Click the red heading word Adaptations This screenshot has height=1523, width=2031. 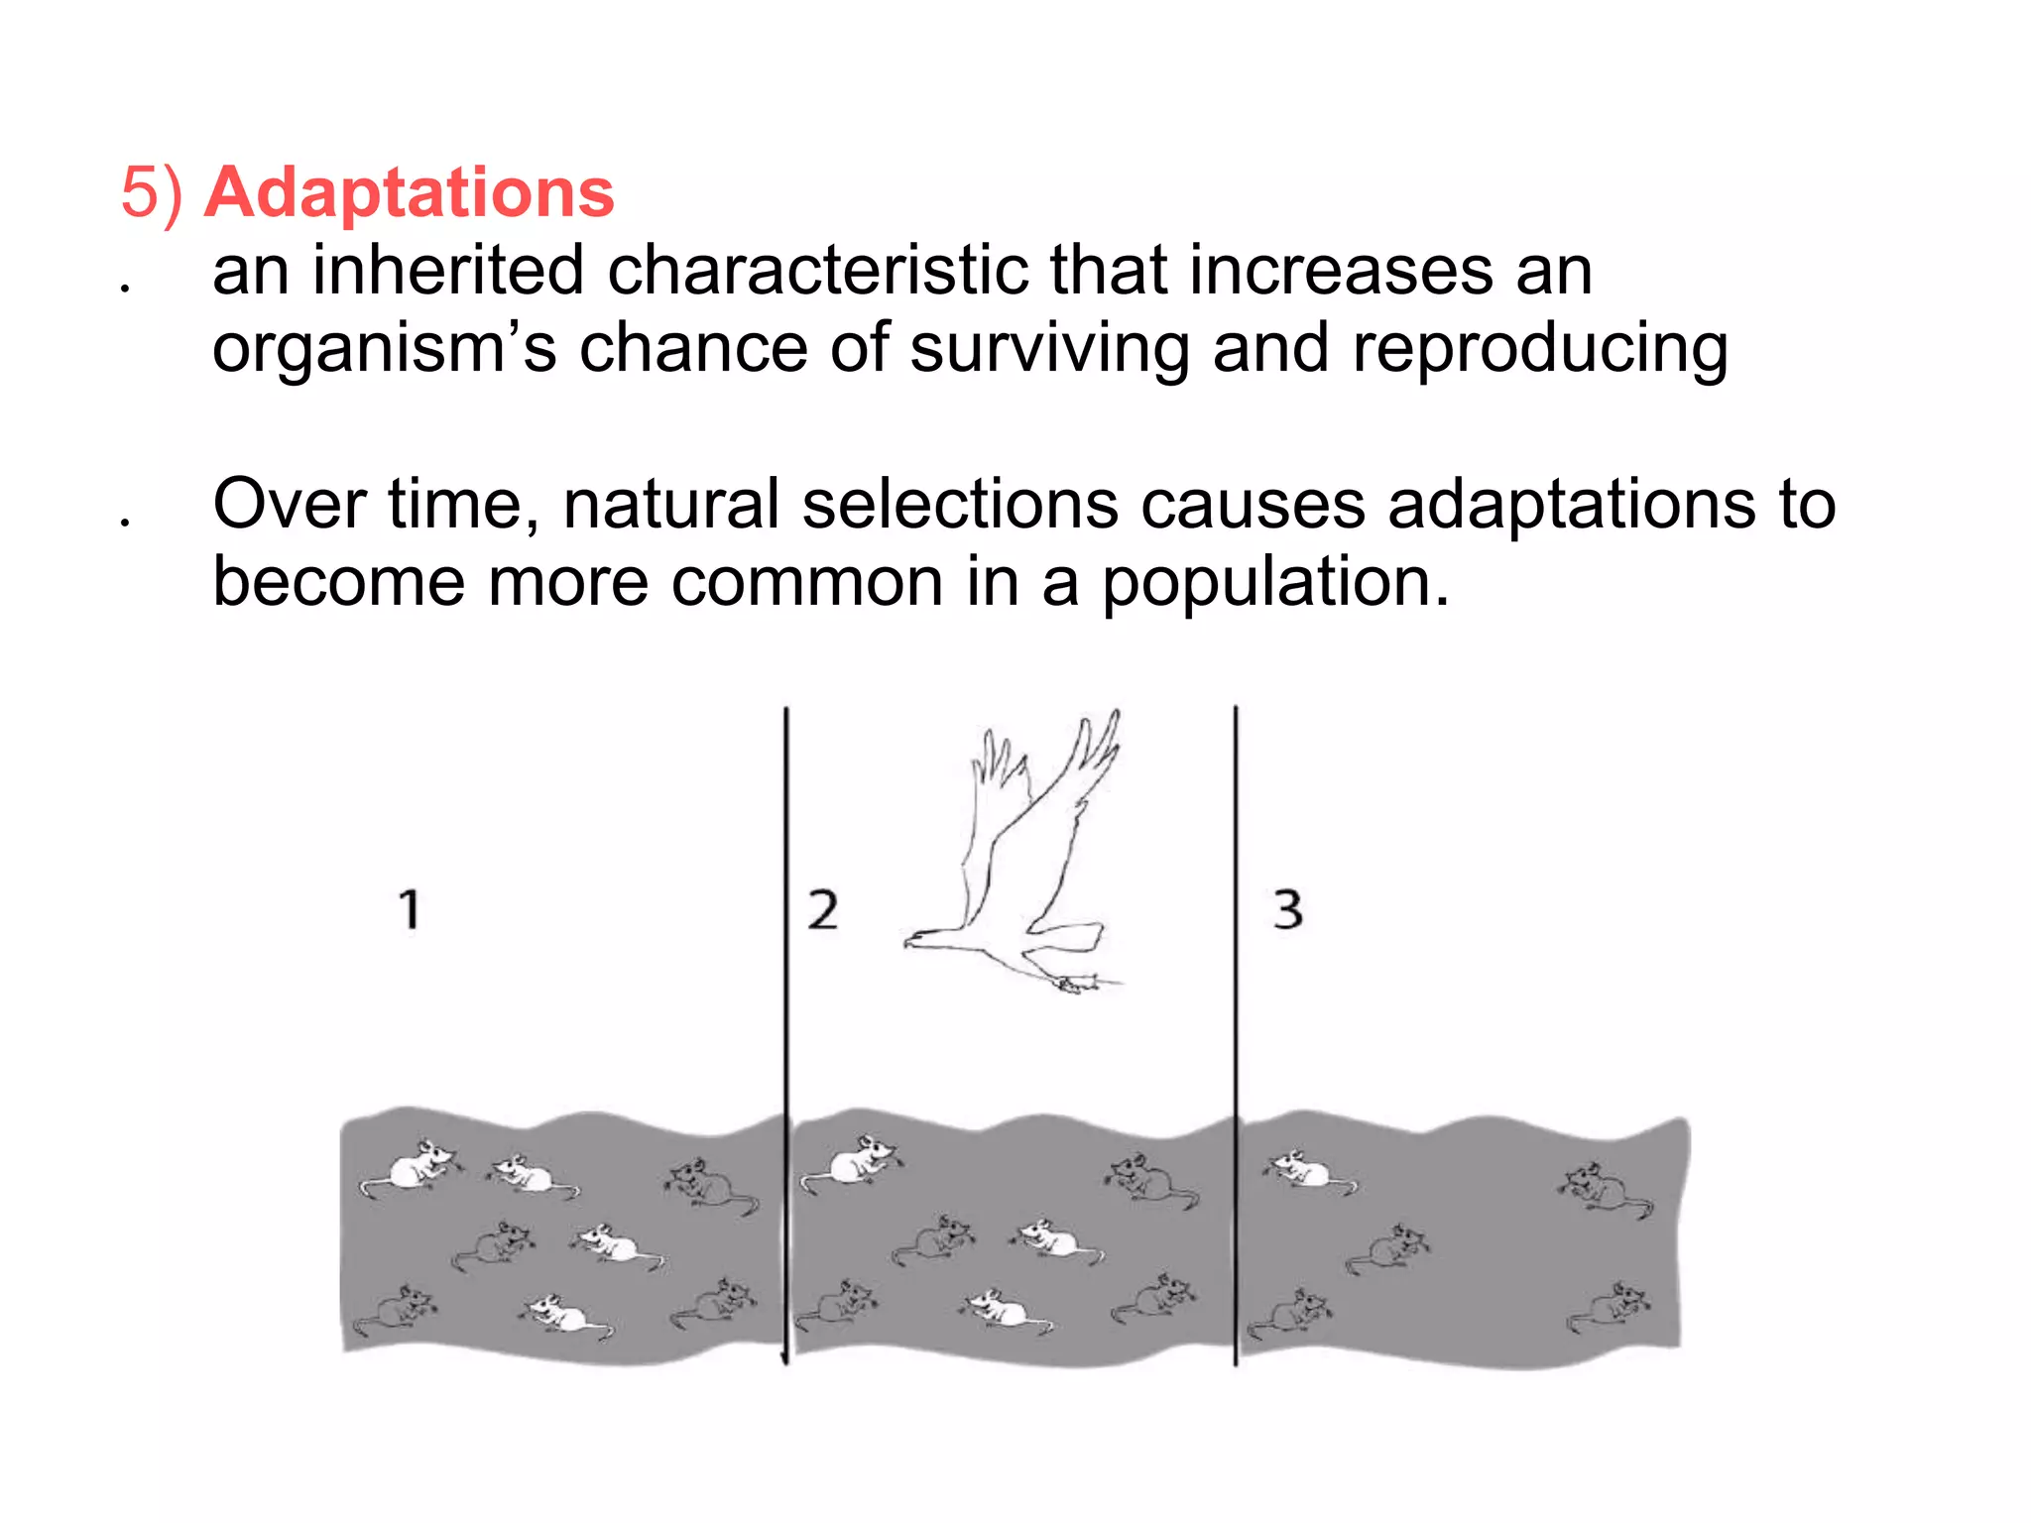[x=409, y=192]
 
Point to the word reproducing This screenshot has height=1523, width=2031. [x=1540, y=350]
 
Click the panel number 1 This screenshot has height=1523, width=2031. [x=410, y=909]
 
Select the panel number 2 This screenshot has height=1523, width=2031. [x=822, y=909]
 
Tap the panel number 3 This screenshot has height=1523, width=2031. [x=1287, y=909]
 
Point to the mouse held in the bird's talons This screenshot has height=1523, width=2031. [x=1076, y=984]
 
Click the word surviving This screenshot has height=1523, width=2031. [x=1049, y=348]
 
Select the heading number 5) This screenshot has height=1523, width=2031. [x=152, y=192]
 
